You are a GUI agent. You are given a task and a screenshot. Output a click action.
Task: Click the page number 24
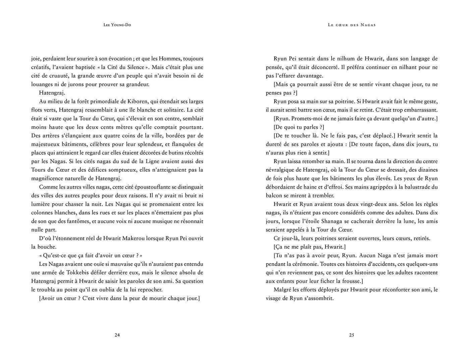point(117,335)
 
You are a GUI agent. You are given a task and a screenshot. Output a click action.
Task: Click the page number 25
point(351,335)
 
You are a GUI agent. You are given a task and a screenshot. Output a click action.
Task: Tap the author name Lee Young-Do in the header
point(117,25)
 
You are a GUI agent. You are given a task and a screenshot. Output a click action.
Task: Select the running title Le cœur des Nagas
point(352,25)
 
